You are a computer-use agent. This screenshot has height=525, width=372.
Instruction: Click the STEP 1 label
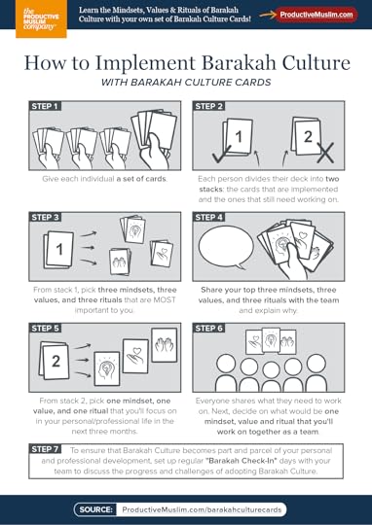[x=46, y=107]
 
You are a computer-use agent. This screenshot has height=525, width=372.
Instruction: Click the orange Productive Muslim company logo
[x=21, y=18]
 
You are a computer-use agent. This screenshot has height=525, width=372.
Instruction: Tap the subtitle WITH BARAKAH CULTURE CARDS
[x=185, y=85]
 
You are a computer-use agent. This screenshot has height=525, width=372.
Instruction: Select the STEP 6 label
[x=210, y=329]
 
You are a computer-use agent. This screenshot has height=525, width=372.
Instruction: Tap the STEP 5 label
[x=46, y=329]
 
